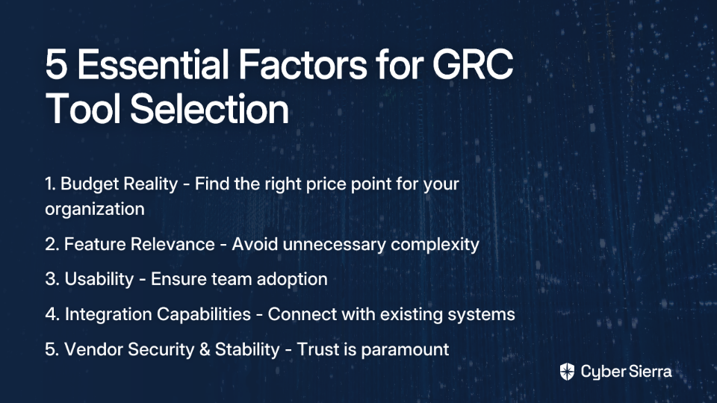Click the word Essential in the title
point(152,64)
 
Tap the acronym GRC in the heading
point(473,64)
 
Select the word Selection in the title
point(209,109)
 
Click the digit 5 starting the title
point(56,65)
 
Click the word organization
point(95,209)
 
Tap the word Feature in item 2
point(93,244)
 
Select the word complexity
point(435,245)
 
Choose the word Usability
point(99,279)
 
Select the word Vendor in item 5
point(93,349)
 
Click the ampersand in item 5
point(205,349)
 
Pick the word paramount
point(405,350)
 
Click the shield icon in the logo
point(567,372)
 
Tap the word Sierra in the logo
point(649,371)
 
